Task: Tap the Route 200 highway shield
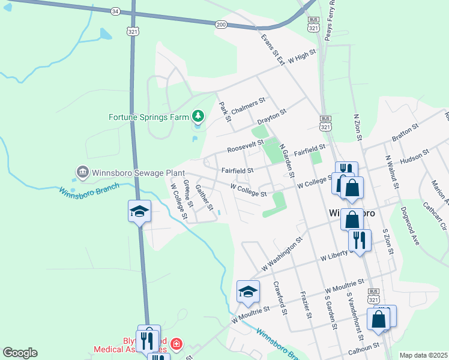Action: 221,24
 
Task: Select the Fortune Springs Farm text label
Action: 148,117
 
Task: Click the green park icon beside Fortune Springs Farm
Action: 198,115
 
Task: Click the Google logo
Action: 20,353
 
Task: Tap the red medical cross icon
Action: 176,344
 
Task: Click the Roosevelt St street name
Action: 245,146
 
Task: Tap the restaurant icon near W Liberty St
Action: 359,240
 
